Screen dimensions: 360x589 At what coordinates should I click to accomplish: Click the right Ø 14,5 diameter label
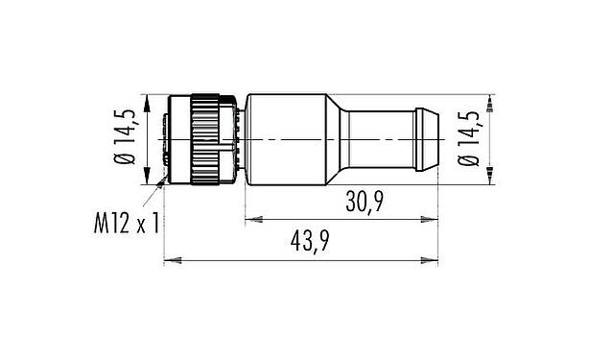coord(468,137)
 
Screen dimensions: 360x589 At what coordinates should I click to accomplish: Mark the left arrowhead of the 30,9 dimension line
coord(252,220)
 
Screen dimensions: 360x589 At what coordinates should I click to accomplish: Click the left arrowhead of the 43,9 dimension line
coord(171,260)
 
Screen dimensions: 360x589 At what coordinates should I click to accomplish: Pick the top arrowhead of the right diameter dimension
coord(490,102)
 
